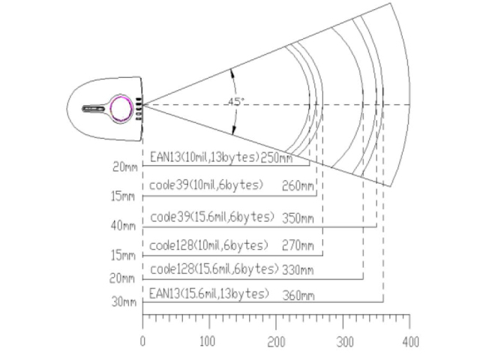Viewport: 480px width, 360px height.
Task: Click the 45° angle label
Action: pos(236,102)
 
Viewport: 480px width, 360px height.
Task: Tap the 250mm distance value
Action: pos(277,158)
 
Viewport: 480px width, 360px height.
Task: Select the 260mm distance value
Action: pos(298,186)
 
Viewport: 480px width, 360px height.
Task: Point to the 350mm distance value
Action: pos(298,218)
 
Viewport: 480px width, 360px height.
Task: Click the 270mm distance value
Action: pos(298,246)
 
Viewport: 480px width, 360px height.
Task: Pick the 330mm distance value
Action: pos(298,270)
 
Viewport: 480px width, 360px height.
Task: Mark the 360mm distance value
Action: pos(298,295)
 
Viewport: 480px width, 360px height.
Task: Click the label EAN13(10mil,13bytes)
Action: pos(205,157)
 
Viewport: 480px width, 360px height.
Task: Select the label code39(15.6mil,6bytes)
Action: pos(212,217)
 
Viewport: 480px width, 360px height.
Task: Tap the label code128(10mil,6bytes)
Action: pos(208,245)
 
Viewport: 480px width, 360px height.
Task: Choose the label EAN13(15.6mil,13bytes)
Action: pos(209,293)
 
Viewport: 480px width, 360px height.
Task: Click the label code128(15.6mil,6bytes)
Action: pos(214,269)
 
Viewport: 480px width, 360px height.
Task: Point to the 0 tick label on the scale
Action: pos(142,342)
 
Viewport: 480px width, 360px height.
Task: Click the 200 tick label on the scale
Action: pos(276,342)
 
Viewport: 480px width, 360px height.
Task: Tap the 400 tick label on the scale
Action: pos(410,342)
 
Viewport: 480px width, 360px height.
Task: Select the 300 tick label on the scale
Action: pos(345,342)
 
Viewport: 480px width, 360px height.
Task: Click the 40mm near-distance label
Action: pos(123,226)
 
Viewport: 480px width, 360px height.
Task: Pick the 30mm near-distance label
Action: pos(124,301)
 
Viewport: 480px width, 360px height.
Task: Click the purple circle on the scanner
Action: pos(121,109)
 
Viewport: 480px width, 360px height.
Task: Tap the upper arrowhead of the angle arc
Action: pos(232,73)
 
